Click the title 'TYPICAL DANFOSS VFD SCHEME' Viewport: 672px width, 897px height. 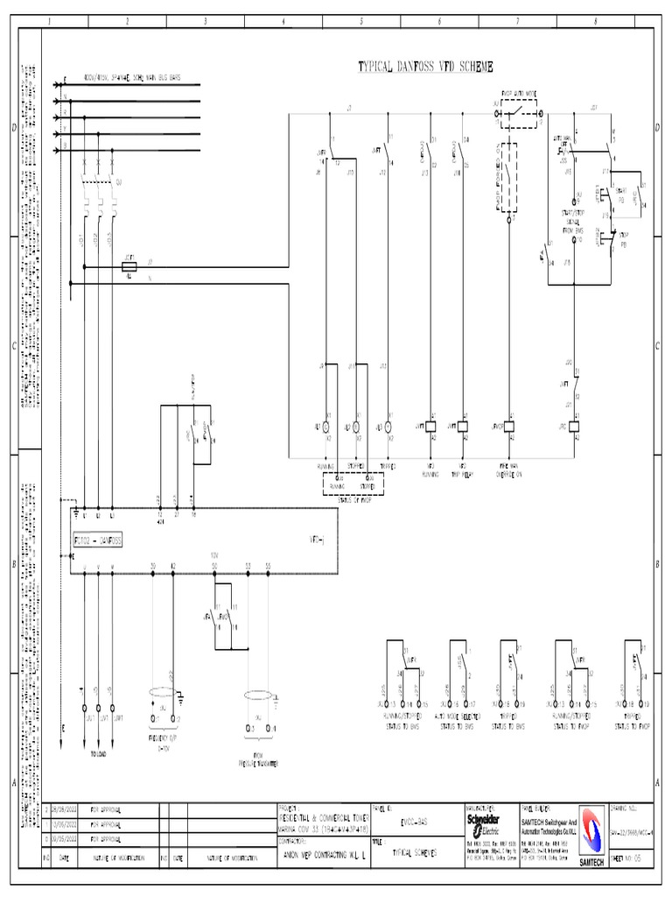[x=426, y=66]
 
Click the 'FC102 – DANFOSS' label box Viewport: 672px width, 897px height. [x=98, y=541]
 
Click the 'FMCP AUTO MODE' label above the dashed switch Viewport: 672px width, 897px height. [x=519, y=92]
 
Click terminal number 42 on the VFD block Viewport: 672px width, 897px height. [x=173, y=566]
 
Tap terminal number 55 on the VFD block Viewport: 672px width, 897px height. [x=268, y=566]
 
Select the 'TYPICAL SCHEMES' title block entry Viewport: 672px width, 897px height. [x=414, y=851]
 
